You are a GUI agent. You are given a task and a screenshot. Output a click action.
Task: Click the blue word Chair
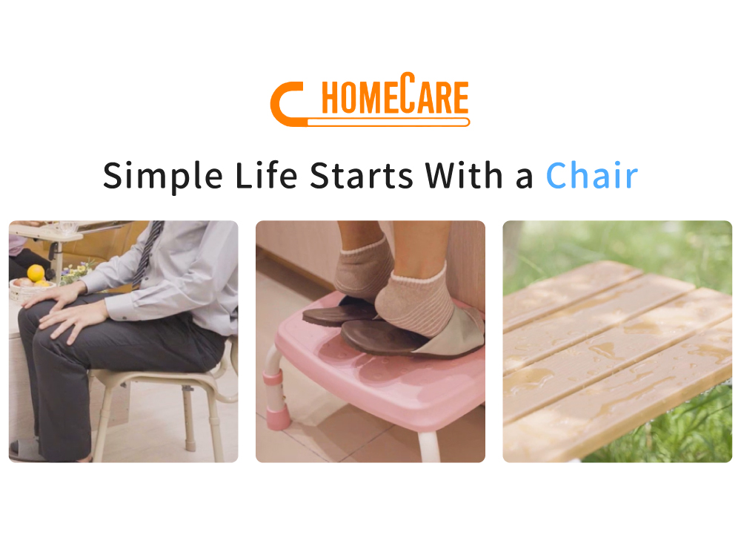tap(591, 176)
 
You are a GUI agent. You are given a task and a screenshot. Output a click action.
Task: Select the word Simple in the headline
tap(162, 177)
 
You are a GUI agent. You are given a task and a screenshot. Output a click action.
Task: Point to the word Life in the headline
tap(266, 175)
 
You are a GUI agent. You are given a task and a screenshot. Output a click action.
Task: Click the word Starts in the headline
tap(362, 176)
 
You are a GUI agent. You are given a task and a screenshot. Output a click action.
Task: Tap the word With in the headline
tap(464, 175)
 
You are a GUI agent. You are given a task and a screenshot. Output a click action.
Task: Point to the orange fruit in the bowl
tap(36, 273)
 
